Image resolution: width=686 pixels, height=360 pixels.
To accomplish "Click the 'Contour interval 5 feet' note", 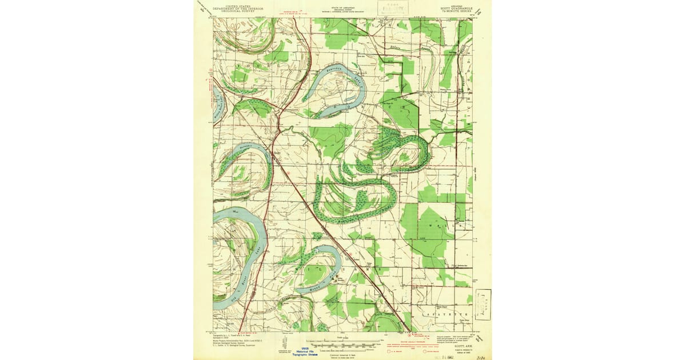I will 341,353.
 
